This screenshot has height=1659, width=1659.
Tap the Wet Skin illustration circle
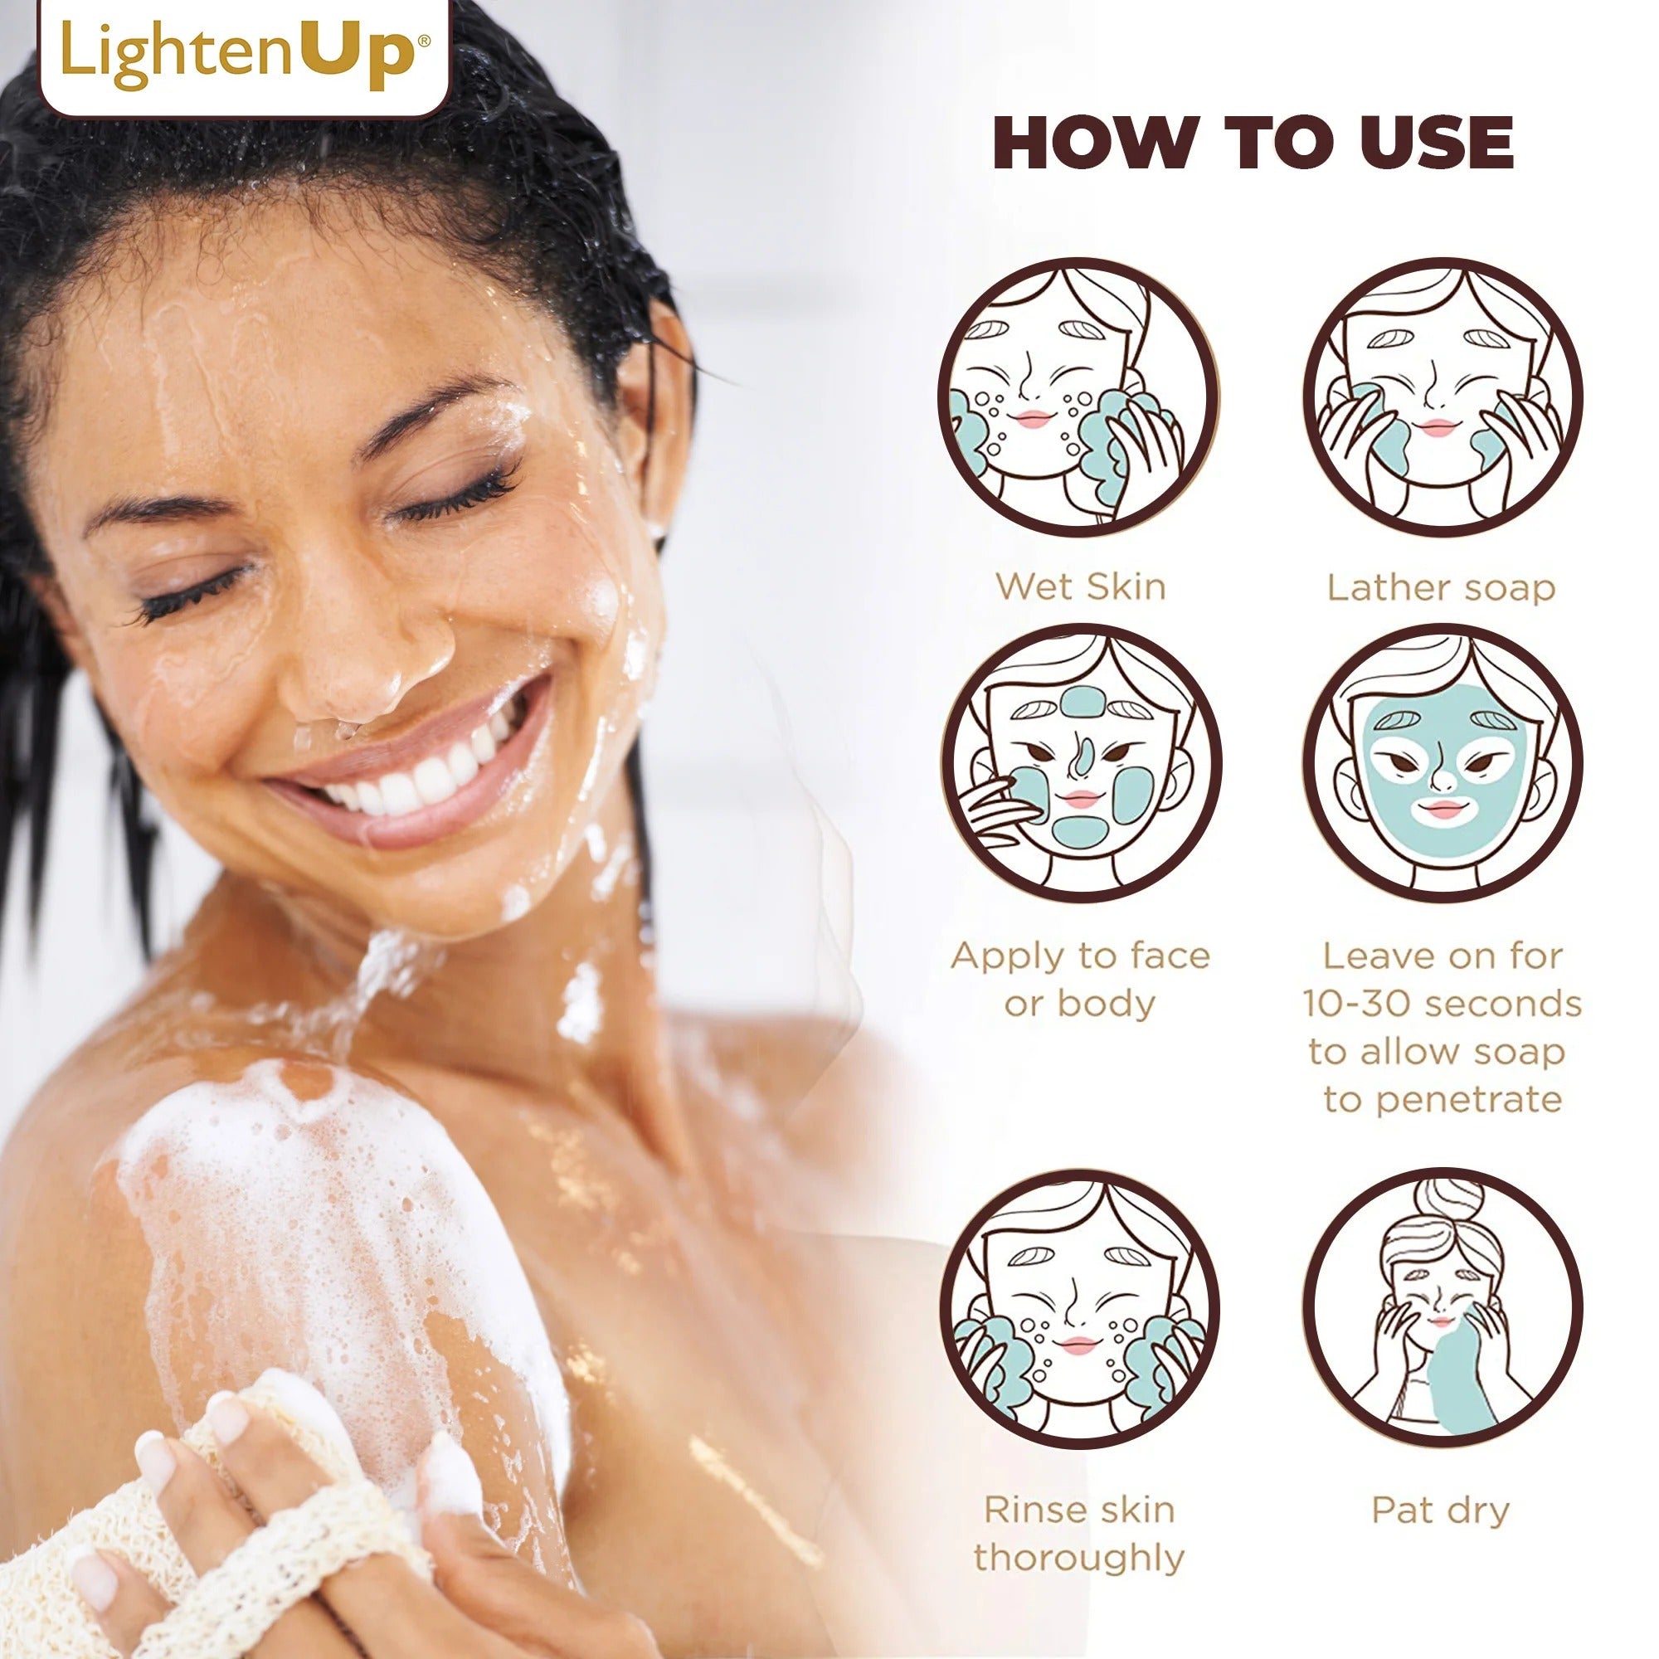pyautogui.click(x=1078, y=397)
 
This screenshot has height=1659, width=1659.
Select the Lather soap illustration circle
pyautogui.click(x=1443, y=397)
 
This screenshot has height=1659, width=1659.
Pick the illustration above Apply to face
pyautogui.click(x=1080, y=763)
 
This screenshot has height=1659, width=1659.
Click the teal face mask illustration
pyautogui.click(x=1443, y=763)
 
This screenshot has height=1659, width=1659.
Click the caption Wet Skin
pyautogui.click(x=1080, y=587)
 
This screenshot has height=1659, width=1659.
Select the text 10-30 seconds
pyautogui.click(x=1442, y=1004)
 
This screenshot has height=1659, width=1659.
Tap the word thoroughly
pyautogui.click(x=1078, y=1558)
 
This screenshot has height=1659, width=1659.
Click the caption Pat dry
pyautogui.click(x=1440, y=1511)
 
